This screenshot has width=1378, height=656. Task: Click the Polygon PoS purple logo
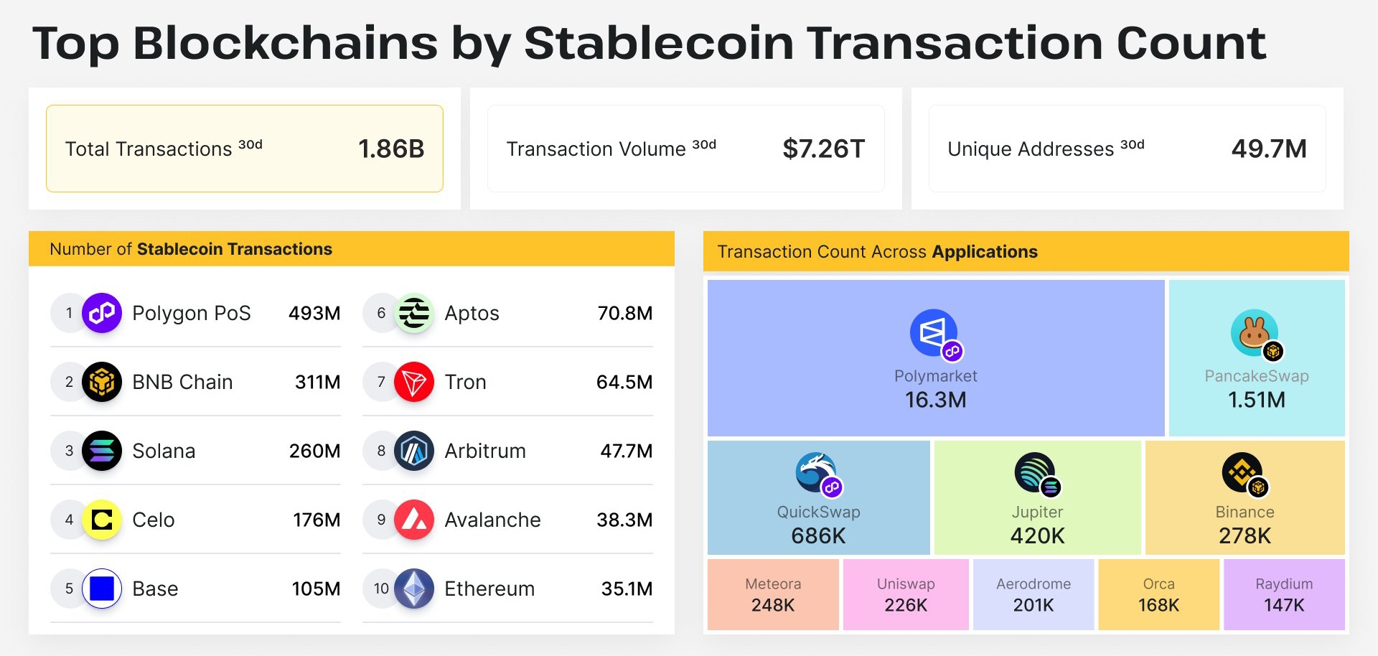point(102,313)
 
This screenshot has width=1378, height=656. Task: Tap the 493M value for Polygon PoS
point(314,314)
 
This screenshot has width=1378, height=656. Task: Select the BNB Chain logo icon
point(102,382)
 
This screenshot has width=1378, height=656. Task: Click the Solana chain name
point(164,451)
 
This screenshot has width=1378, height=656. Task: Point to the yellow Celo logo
point(102,520)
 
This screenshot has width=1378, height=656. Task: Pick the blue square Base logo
point(102,589)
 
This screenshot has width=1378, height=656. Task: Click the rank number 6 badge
point(381,313)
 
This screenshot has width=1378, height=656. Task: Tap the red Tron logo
point(414,382)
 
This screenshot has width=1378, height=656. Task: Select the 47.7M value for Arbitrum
point(627,451)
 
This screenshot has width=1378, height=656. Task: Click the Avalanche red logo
point(414,520)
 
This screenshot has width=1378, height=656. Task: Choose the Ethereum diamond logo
point(414,589)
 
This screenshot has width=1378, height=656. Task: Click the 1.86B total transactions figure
point(391,149)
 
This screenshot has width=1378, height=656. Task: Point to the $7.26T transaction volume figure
point(823,149)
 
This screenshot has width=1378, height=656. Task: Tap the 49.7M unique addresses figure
point(1269,149)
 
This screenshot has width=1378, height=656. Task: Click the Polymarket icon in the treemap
point(934,334)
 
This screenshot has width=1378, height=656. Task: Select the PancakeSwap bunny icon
point(1256,334)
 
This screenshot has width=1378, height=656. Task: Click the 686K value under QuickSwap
point(818,536)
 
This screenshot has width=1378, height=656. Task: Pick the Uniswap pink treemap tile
point(906,594)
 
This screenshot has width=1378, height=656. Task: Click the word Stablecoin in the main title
point(659,43)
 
